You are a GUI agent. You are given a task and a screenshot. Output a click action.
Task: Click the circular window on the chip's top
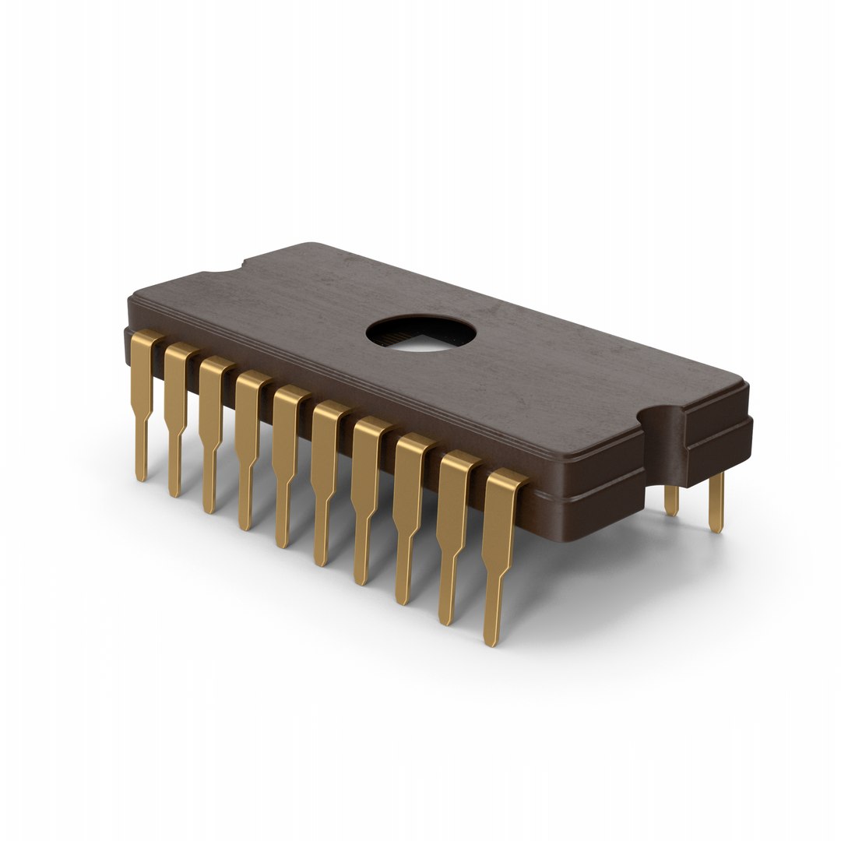(421, 334)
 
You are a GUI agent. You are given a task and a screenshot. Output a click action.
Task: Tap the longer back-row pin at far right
(716, 502)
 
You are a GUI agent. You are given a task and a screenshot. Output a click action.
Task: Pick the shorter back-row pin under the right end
(671, 499)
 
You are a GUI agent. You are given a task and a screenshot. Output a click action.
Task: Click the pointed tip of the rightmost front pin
(489, 643)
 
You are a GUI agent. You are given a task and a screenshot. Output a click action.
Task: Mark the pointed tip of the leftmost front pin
(141, 477)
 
